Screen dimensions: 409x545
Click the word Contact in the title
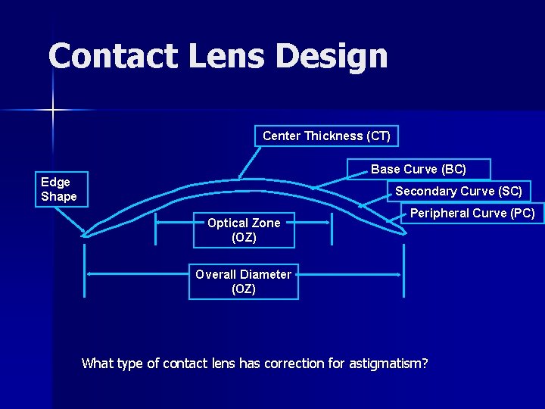[x=107, y=56]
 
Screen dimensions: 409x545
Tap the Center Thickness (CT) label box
[x=326, y=136]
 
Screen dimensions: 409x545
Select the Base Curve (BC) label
[x=418, y=169]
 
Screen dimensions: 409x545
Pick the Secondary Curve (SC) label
[x=458, y=191]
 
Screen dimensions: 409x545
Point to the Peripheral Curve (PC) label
[x=472, y=213]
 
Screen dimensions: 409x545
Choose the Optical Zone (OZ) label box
[x=244, y=230]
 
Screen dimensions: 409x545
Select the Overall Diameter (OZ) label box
[x=243, y=282]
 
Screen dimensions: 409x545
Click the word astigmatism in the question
[x=387, y=364]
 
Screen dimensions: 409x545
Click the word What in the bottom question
[x=98, y=364]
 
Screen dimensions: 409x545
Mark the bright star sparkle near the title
[x=53, y=111]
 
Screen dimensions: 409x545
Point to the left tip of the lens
[x=85, y=235]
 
